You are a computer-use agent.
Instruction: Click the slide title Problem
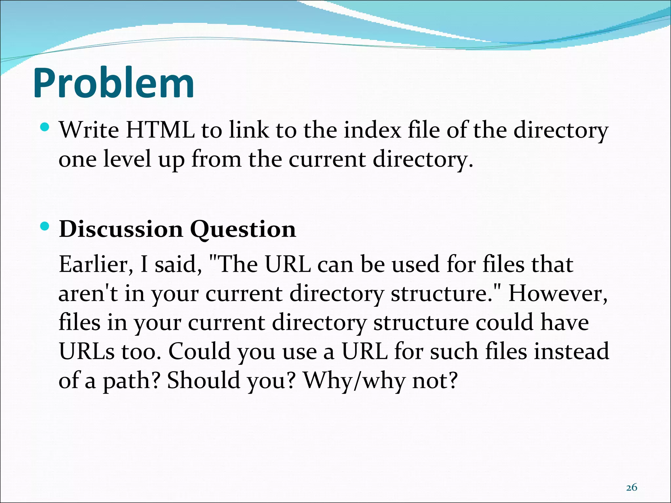click(114, 84)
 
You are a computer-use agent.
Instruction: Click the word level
click(127, 159)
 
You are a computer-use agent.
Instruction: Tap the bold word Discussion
click(121, 229)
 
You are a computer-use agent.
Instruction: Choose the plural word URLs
click(87, 351)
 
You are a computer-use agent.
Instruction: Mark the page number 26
click(631, 488)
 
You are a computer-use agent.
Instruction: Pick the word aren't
click(88, 293)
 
